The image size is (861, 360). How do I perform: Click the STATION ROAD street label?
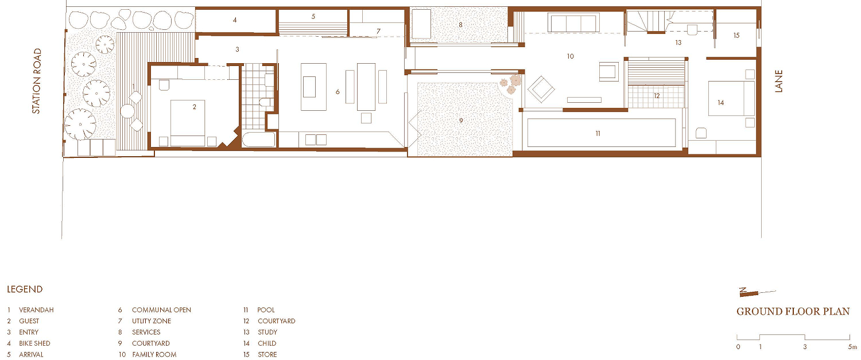(37, 81)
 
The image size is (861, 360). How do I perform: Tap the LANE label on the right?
(778, 81)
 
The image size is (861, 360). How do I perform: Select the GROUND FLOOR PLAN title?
(793, 311)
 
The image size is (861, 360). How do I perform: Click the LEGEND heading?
(25, 289)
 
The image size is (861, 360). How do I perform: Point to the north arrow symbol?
(757, 292)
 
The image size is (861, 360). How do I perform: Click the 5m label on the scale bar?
(852, 347)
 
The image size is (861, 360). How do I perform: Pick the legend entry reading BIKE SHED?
(34, 343)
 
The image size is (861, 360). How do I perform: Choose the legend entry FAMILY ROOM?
(154, 354)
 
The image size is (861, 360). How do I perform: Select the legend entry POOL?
(266, 309)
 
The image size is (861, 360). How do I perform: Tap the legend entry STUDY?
(267, 332)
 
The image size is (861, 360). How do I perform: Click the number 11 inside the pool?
(598, 133)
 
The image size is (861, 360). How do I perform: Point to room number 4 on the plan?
(235, 20)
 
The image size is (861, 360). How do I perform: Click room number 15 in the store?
(736, 36)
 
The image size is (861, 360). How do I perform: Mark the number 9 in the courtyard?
(461, 121)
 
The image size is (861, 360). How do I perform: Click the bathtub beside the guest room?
(259, 140)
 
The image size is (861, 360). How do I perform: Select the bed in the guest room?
(188, 123)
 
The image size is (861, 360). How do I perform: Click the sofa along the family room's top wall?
(573, 23)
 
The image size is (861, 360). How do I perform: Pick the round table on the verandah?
(127, 111)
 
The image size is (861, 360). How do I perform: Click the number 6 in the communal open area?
(338, 91)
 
